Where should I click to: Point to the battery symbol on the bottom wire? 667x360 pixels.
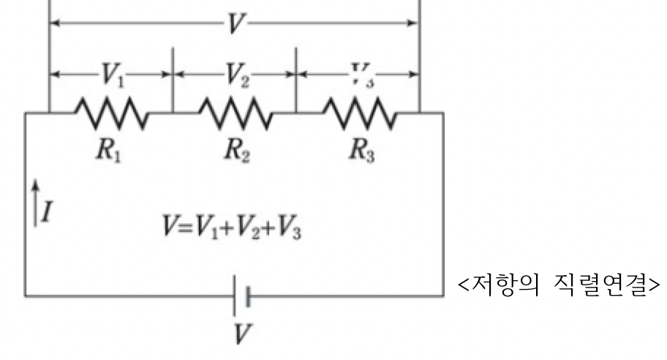click(241, 296)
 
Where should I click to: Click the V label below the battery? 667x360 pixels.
click(241, 334)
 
